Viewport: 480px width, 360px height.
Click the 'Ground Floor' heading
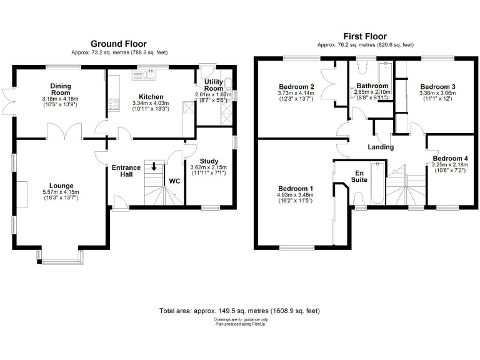119,44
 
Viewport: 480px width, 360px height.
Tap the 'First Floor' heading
365,37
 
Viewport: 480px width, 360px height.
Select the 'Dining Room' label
61,89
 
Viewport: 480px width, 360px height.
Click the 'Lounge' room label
62,186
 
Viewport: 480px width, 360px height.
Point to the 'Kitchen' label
151,97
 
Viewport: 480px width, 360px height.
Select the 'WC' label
175,181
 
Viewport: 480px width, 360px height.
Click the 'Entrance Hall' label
126,171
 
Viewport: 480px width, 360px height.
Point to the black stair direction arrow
154,166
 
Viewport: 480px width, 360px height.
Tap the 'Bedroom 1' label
295,188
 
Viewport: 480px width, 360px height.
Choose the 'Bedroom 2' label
295,86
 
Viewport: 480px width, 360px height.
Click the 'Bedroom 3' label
437,86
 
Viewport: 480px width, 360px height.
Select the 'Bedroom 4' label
449,158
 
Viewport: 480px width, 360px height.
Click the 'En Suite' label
360,176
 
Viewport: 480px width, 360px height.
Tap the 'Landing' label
381,147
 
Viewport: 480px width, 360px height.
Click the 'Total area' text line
240,311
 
